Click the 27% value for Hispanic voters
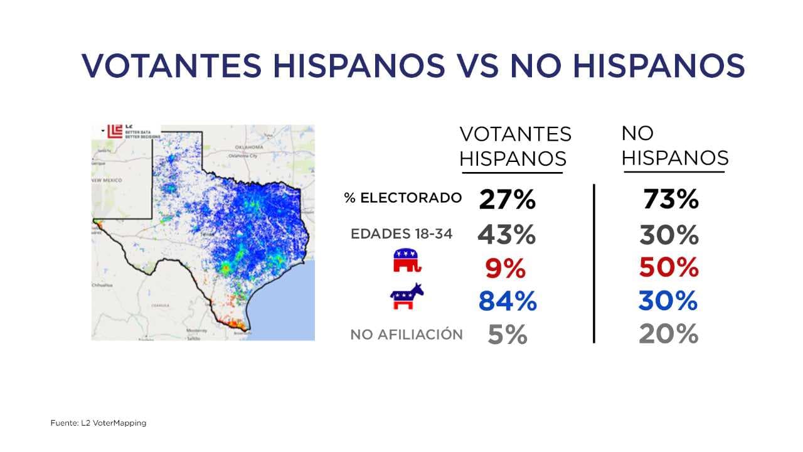pyautogui.click(x=507, y=200)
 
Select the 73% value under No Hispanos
pyautogui.click(x=671, y=200)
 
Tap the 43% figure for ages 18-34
pyautogui.click(x=507, y=235)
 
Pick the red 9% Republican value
pyautogui.click(x=505, y=269)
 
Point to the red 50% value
pyautogui.click(x=669, y=267)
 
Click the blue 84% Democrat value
pyautogui.click(x=508, y=301)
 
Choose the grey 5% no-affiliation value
pyautogui.click(x=508, y=335)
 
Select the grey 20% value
pyautogui.click(x=669, y=334)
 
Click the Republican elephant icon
pyautogui.click(x=407, y=261)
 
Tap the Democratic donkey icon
pyautogui.click(x=407, y=296)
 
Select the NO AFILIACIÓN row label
pyautogui.click(x=407, y=335)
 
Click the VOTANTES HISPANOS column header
pyautogui.click(x=515, y=146)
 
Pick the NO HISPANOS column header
pyautogui.click(x=674, y=146)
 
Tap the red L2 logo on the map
pyautogui.click(x=115, y=131)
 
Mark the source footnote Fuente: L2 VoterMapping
pyautogui.click(x=98, y=423)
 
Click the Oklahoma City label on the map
pyautogui.click(x=245, y=155)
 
